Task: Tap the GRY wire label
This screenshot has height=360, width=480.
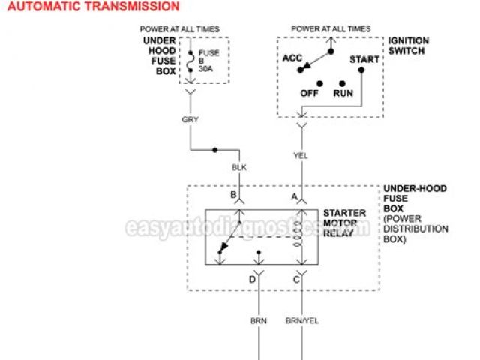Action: coord(190,118)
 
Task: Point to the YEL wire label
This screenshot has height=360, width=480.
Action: coord(301,155)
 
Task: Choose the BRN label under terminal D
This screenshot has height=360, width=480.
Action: coord(259,320)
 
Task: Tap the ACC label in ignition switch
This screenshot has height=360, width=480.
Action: coord(293,58)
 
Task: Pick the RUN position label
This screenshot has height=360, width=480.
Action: coord(343,94)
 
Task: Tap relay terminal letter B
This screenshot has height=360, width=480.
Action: coord(233,196)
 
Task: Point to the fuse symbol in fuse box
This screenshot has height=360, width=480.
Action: coord(190,59)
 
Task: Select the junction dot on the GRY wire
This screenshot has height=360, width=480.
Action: coord(216,150)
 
